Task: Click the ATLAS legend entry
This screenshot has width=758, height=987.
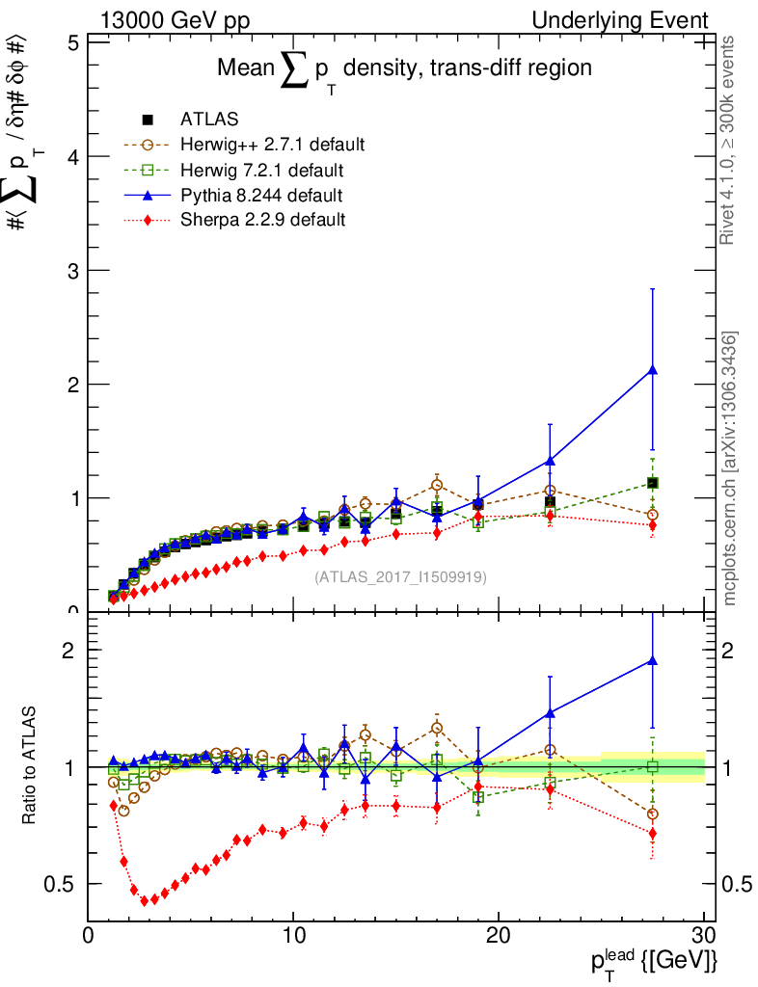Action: (209, 120)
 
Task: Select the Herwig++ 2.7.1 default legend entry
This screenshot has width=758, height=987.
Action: (272, 145)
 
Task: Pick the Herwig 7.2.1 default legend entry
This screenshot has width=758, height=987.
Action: (261, 171)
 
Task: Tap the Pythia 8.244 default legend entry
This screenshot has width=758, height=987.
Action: (261, 196)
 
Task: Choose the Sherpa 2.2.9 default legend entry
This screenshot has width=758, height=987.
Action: (262, 220)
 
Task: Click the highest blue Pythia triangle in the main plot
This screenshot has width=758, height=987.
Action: (653, 369)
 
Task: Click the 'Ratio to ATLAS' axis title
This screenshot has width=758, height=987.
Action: (30, 767)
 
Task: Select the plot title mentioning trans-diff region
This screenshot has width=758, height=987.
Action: (403, 69)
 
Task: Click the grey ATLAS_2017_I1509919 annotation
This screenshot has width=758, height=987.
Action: (400, 577)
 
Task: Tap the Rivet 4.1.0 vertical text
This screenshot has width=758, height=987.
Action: (730, 140)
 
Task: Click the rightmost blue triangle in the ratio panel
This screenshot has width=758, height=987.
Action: (653, 660)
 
